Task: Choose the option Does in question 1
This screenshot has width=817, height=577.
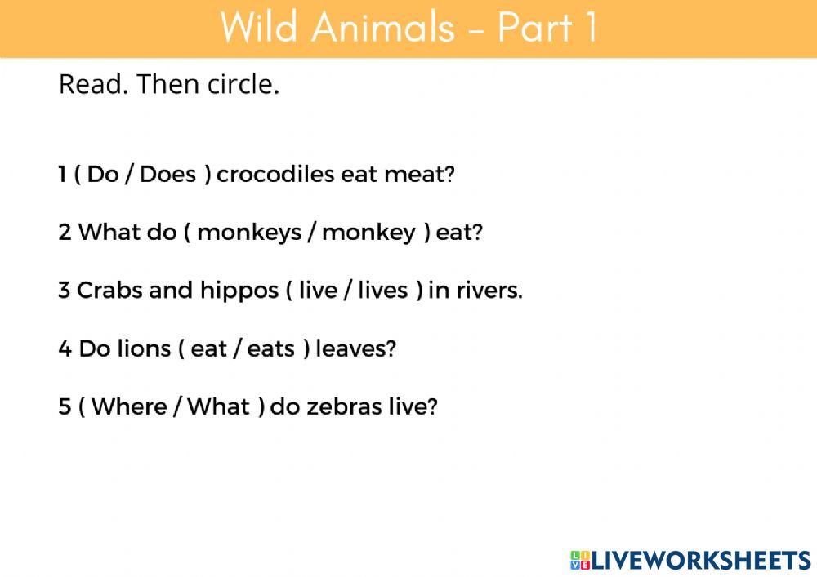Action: pos(168,175)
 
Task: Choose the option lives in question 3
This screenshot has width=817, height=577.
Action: pos(382,291)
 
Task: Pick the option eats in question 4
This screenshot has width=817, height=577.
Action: pos(270,349)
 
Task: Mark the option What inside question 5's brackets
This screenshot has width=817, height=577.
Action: pos(218,407)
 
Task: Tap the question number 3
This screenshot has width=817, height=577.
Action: pos(64,291)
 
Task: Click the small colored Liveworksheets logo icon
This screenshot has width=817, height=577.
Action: pos(579,560)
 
